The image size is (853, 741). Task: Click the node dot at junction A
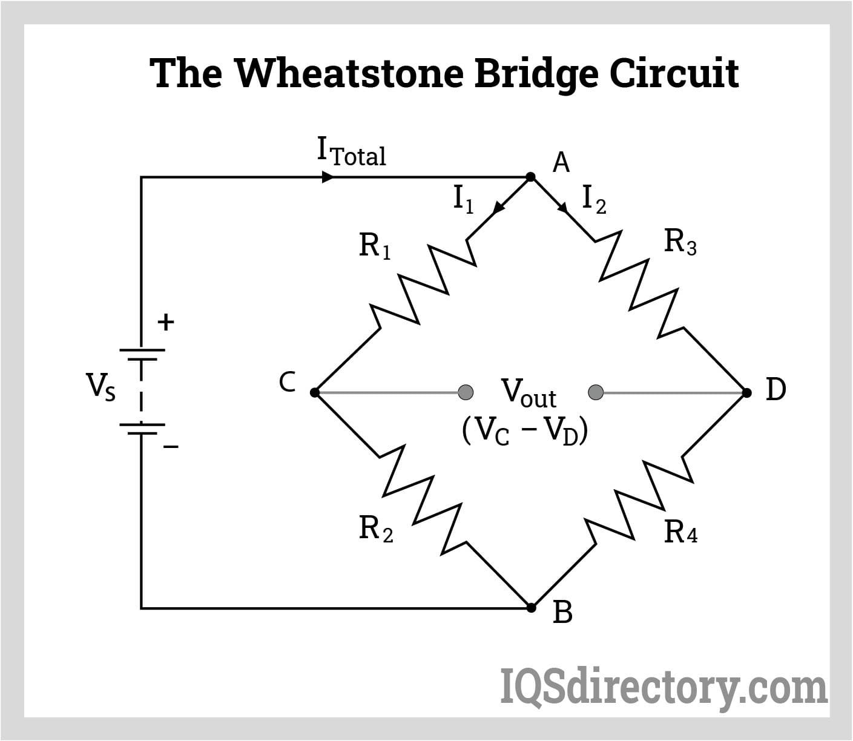coord(530,177)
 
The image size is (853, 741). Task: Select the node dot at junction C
coord(314,392)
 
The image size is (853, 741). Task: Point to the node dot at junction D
coord(747,392)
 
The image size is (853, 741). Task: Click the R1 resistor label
coord(375,246)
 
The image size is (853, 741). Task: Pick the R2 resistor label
coord(375,528)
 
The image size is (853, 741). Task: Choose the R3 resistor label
coord(680,242)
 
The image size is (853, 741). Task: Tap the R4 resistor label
coord(680,532)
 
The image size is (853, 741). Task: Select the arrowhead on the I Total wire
coord(328,177)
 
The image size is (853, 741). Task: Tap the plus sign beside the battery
coord(165,322)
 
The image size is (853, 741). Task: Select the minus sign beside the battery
coord(171,447)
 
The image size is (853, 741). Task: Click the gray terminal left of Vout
coord(465,392)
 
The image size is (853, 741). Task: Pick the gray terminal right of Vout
coord(596,392)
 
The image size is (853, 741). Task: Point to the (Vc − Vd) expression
coord(524,431)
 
